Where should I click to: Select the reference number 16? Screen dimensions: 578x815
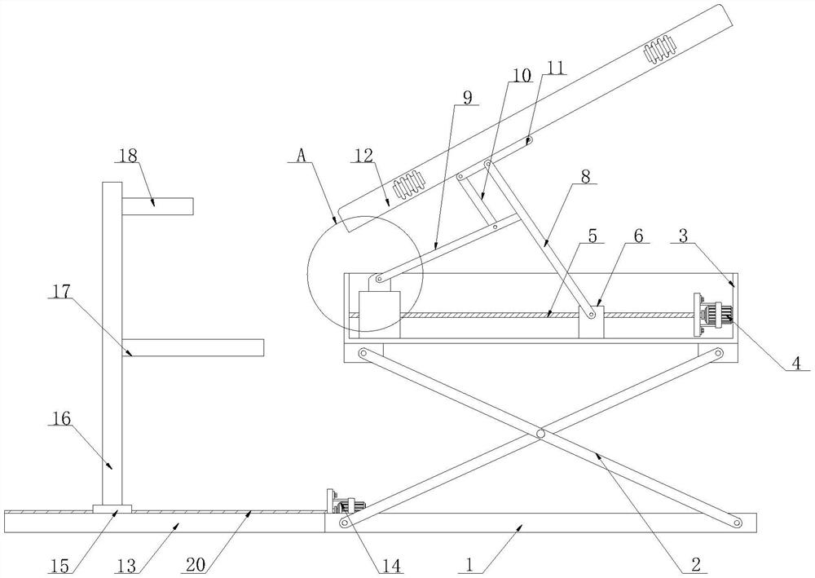61,419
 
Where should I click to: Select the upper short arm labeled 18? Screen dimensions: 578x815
157,206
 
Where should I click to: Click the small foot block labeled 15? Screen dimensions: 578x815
112,510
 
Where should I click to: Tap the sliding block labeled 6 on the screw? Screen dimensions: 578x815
591,321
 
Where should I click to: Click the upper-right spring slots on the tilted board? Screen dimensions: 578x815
660,52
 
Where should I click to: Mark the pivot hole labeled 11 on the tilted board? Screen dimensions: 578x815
529,141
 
